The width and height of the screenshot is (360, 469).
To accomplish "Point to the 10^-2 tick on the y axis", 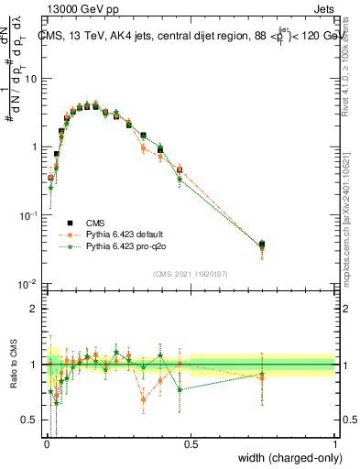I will [x=27, y=283].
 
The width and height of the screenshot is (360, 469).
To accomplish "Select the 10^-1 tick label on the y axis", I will [x=27, y=214].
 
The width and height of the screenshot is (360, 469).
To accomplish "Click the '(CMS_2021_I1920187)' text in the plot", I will [x=190, y=272].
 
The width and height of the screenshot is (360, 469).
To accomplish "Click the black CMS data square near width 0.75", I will [x=262, y=245].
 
